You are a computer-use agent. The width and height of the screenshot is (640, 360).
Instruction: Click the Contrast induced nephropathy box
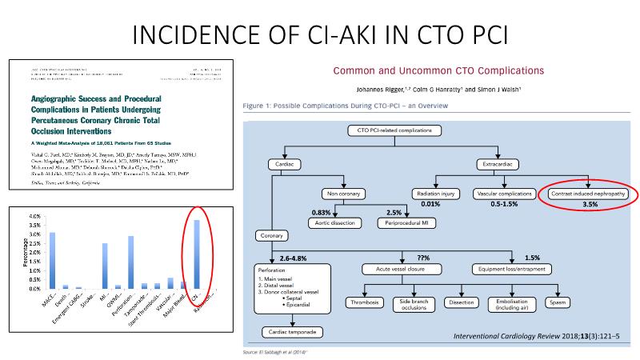pyautogui.click(x=586, y=194)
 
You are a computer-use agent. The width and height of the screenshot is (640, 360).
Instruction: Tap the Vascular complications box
pyautogui.click(x=507, y=194)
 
